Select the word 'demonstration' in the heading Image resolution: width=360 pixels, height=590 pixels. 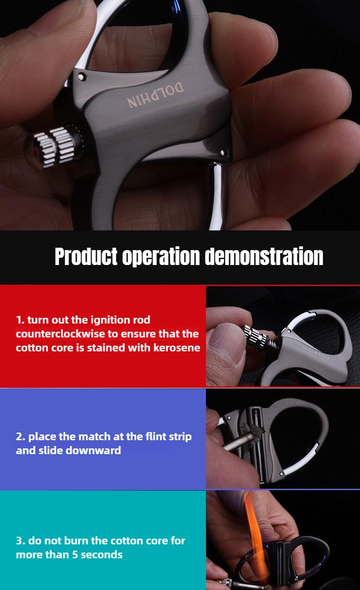pos(264,257)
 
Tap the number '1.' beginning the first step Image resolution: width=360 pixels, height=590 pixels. pos(20,320)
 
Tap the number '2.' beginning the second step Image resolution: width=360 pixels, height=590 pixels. pos(21,437)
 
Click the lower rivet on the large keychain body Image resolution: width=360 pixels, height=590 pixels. pos(223,153)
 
